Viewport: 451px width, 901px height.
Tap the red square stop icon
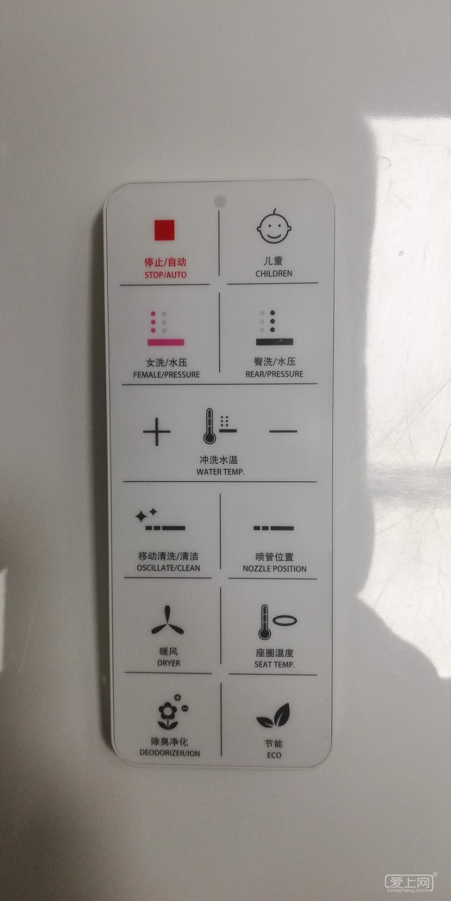click(165, 230)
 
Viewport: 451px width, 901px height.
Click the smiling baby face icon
click(274, 227)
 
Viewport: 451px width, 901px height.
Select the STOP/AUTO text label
click(165, 275)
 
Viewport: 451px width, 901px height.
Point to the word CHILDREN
click(274, 274)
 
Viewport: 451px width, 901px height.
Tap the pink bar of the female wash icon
click(165, 342)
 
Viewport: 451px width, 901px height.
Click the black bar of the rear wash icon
click(274, 342)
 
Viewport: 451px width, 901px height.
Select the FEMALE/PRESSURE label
click(167, 375)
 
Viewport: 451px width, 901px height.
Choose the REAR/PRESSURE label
click(274, 374)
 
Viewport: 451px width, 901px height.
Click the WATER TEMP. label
click(220, 472)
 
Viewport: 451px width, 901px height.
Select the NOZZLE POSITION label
click(275, 569)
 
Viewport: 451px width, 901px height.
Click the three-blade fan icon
click(167, 621)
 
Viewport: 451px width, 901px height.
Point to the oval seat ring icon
click(285, 621)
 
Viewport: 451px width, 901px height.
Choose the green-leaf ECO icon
click(274, 716)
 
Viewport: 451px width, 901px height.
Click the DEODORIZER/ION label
click(170, 753)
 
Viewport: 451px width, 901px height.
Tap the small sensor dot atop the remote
click(220, 201)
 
